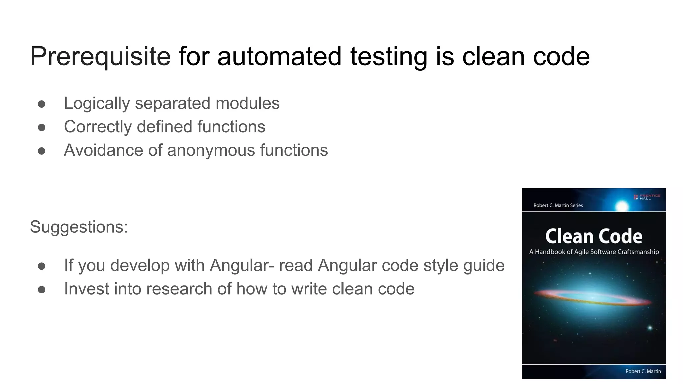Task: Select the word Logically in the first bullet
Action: click(97, 103)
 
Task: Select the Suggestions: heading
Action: click(79, 227)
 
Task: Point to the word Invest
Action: click(86, 289)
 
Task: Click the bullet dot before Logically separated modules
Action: click(42, 104)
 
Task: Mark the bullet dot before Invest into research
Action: click(42, 289)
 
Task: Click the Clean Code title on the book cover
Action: click(594, 236)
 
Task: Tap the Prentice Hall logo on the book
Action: click(647, 197)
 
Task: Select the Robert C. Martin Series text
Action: click(558, 205)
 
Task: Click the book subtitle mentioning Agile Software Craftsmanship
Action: click(594, 252)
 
